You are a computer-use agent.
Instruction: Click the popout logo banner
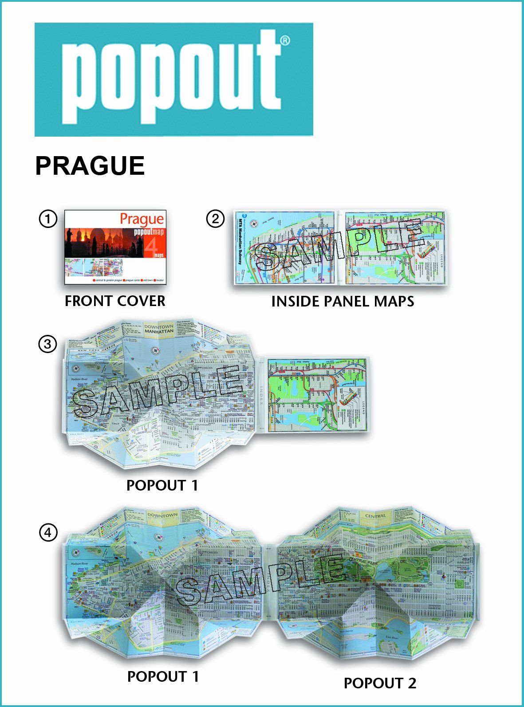(x=173, y=79)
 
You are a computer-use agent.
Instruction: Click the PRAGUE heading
(x=90, y=166)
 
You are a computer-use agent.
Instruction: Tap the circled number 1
(x=48, y=219)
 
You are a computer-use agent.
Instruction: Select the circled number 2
(x=215, y=219)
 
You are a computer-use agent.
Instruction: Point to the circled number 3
(x=48, y=344)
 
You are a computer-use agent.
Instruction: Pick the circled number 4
(x=48, y=532)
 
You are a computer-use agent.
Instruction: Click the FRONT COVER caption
(x=115, y=301)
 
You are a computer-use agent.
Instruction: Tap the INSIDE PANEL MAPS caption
(x=343, y=302)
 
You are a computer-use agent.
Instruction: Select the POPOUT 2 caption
(x=380, y=683)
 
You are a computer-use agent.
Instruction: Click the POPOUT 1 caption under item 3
(x=162, y=485)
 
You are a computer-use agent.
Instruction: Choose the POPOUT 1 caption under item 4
(x=163, y=676)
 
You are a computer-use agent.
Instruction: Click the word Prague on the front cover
(x=142, y=219)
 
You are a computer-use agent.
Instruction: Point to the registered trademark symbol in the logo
(x=285, y=41)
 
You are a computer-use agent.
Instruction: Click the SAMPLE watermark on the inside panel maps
(x=339, y=246)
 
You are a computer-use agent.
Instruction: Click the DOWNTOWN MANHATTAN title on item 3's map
(x=159, y=329)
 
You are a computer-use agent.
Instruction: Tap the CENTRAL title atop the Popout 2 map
(x=375, y=516)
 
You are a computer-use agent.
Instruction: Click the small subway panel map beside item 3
(x=318, y=395)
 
